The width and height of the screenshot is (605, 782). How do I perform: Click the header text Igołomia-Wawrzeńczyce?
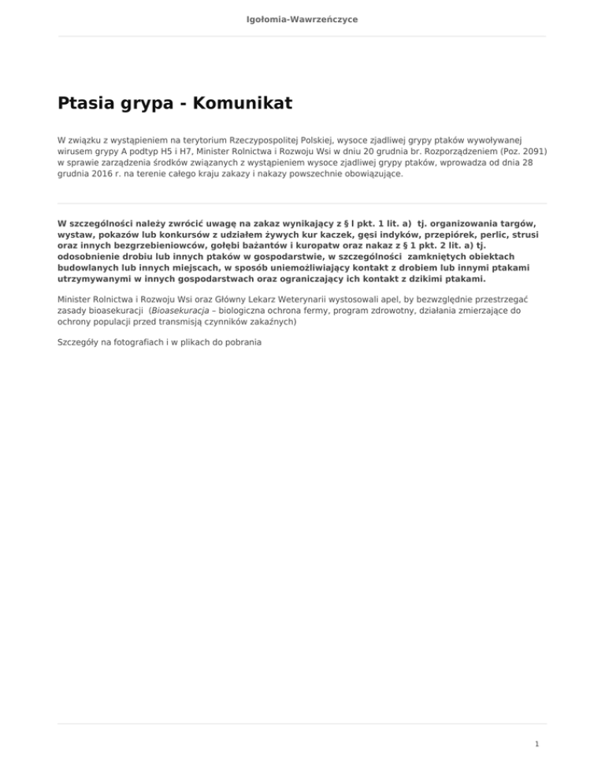tap(302, 19)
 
